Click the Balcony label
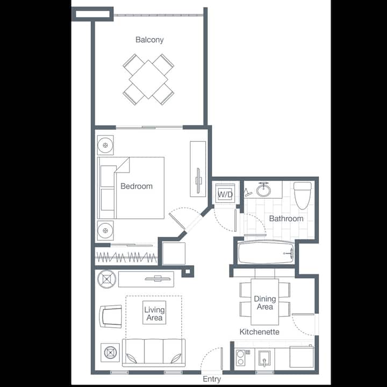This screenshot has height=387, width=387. click(149, 40)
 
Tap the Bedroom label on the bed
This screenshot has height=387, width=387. click(137, 186)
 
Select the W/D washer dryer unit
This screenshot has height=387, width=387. click(225, 193)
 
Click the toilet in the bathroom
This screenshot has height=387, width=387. click(302, 196)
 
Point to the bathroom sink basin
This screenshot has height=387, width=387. click(263, 190)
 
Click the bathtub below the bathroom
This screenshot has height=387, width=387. click(266, 253)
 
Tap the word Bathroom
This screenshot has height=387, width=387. click(286, 218)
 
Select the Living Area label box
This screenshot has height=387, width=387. click(154, 312)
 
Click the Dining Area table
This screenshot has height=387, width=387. click(265, 302)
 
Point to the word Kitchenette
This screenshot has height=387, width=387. click(260, 332)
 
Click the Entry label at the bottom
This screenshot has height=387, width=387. click(212, 379)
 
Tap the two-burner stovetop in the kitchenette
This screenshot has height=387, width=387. click(240, 357)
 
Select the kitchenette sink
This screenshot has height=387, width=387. click(264, 359)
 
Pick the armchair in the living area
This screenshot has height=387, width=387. click(111, 316)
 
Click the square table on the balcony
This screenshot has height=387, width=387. click(148, 79)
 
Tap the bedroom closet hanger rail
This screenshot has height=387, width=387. click(126, 257)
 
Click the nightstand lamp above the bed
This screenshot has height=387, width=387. click(105, 145)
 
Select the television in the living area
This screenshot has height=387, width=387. click(157, 278)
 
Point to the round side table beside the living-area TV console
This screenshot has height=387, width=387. click(106, 279)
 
